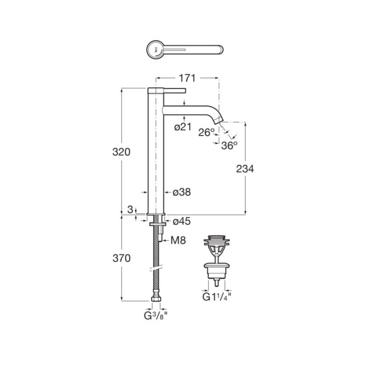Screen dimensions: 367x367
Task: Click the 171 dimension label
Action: point(187,78)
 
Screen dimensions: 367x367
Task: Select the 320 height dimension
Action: point(121,152)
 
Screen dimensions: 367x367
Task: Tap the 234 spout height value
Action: point(245,169)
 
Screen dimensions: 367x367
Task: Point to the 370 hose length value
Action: point(122,258)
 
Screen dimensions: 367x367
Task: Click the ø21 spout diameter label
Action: point(183,127)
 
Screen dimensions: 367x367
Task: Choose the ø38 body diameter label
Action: point(182,192)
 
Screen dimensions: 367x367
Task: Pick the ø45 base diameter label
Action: point(182,221)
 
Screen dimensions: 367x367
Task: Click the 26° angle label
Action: point(206,133)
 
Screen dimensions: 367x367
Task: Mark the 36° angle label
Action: point(229,145)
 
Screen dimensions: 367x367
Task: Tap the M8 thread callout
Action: point(178,240)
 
